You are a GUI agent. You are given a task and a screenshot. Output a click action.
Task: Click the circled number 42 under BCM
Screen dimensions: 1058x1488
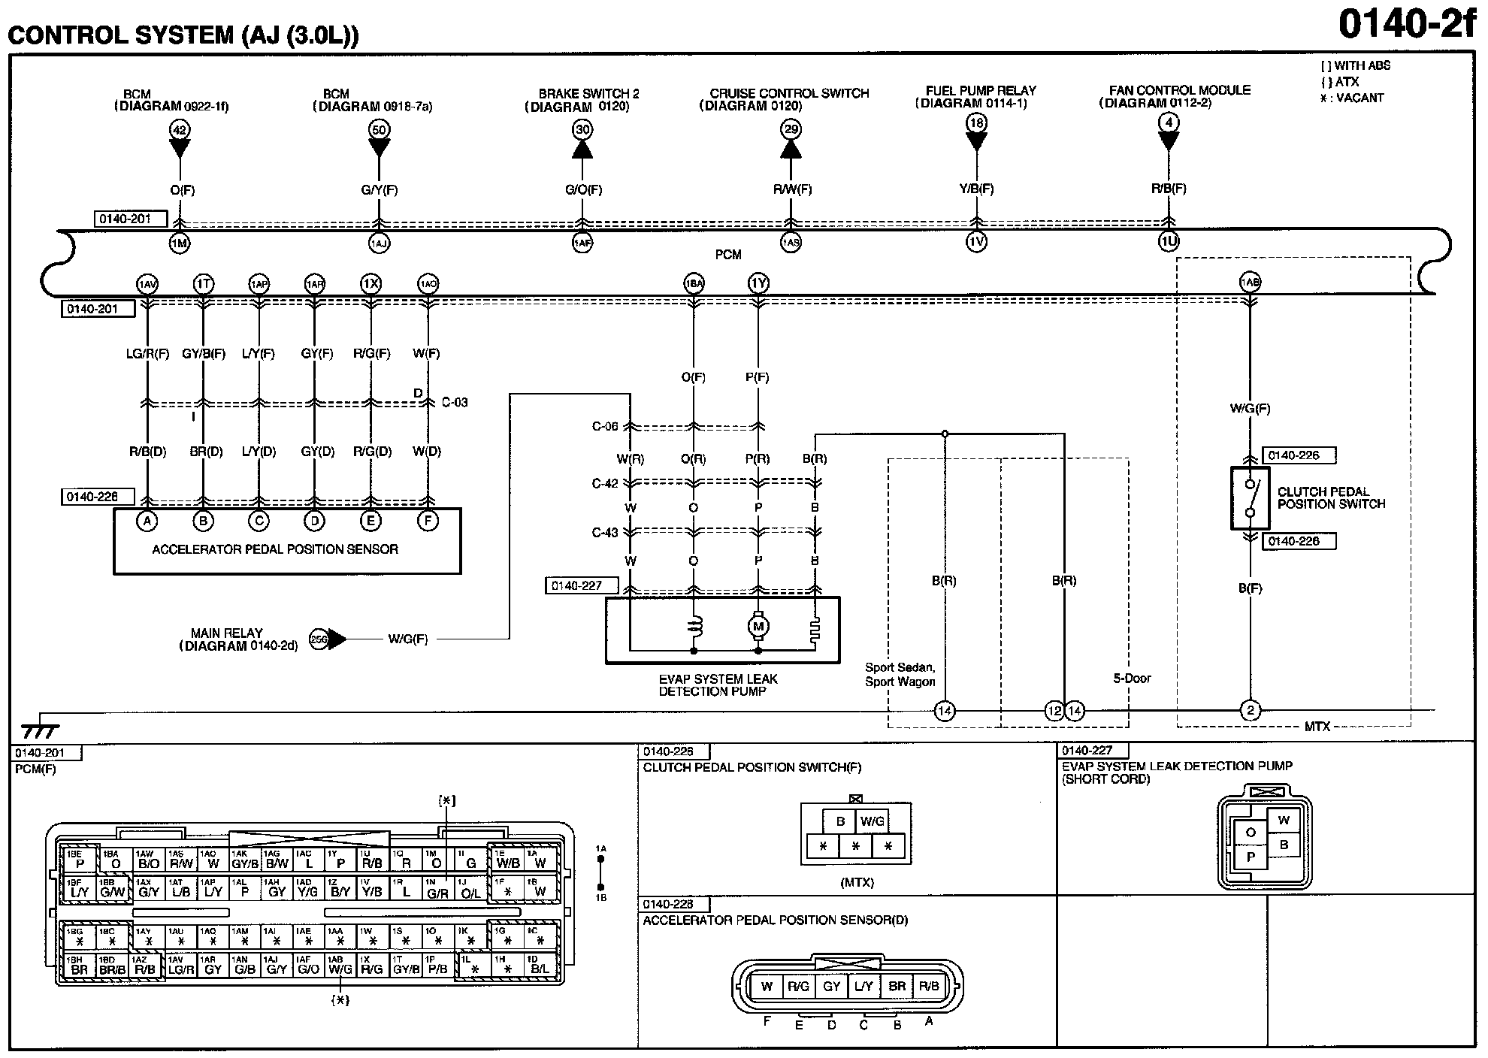[179, 129]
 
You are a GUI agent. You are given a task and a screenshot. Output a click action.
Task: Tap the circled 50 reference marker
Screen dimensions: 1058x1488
[379, 129]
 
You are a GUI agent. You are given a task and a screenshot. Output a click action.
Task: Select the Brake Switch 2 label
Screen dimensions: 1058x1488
[588, 94]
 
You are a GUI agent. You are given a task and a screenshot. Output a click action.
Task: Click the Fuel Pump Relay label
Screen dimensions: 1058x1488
[981, 90]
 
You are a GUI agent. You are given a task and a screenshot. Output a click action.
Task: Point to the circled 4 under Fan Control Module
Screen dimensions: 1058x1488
[1168, 122]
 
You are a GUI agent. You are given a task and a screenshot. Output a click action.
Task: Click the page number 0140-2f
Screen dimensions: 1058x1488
[1406, 24]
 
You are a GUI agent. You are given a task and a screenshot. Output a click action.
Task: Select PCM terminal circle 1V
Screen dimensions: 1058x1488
[976, 241]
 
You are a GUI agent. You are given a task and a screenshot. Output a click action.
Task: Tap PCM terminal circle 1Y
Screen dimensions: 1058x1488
[758, 283]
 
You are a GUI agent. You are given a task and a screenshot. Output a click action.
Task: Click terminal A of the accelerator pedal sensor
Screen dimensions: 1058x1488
[147, 521]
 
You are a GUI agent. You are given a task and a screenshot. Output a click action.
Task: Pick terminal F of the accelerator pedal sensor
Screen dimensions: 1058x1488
[428, 521]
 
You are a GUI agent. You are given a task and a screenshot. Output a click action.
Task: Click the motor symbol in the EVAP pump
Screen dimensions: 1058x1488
[758, 626]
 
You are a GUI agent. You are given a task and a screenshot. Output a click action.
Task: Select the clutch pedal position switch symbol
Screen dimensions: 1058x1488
[1250, 498]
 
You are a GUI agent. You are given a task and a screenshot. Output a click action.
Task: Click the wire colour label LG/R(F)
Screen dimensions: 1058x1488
[147, 353]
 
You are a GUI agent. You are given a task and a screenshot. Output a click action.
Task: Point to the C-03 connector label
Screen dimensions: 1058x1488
[454, 402]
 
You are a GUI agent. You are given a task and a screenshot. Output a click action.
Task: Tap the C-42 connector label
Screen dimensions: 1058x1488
[605, 483]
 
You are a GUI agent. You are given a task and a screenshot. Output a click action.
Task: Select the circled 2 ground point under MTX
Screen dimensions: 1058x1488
[1250, 710]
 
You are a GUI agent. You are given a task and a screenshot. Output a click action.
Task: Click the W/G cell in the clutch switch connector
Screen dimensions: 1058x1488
[872, 821]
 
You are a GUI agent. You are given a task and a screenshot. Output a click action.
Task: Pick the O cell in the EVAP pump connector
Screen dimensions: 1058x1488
[1251, 833]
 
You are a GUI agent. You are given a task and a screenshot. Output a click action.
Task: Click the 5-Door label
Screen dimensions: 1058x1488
[1132, 679]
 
